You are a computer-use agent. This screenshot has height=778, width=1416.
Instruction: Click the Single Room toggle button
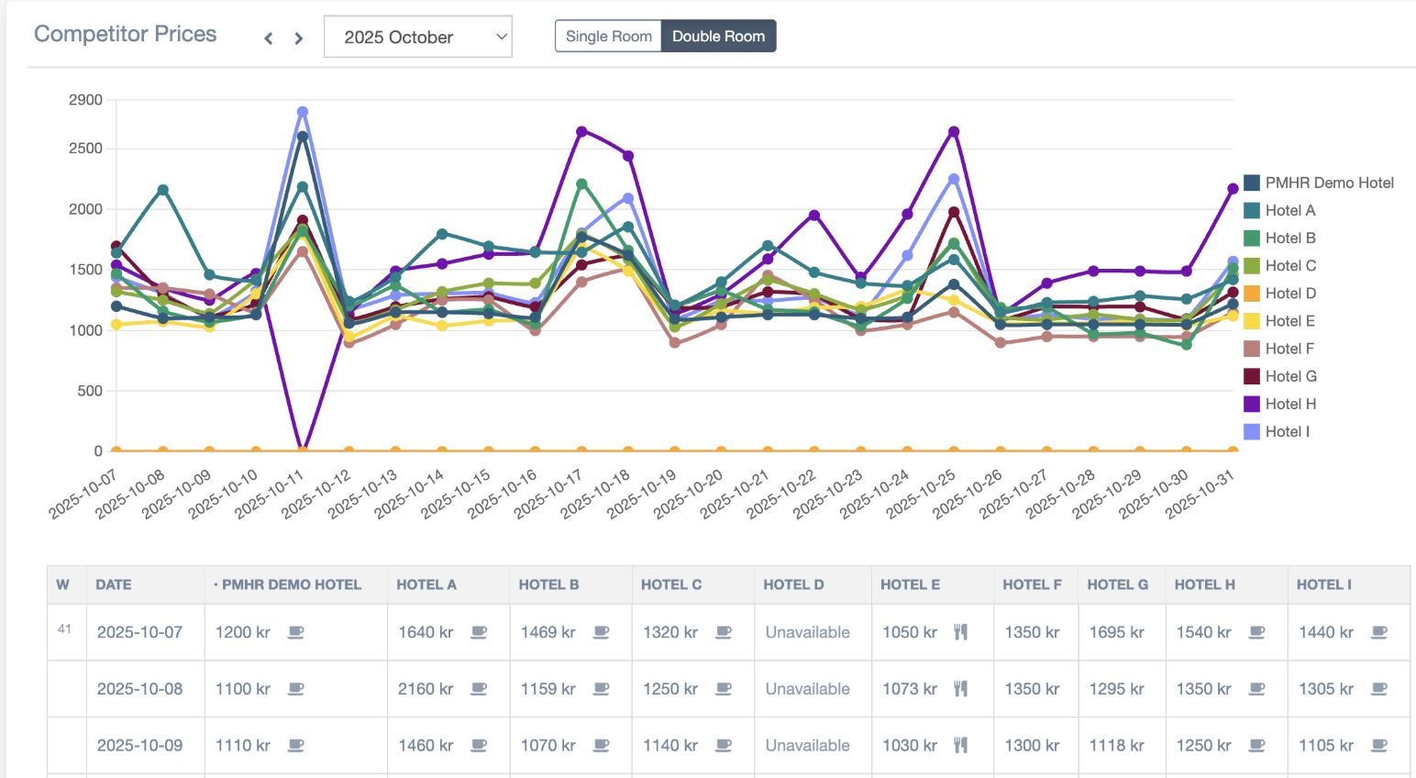pyautogui.click(x=608, y=37)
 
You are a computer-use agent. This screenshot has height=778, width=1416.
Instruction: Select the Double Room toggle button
pyautogui.click(x=718, y=37)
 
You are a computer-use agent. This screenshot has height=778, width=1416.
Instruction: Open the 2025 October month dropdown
pyautogui.click(x=417, y=38)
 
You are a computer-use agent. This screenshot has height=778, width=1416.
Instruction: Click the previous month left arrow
pyautogui.click(x=269, y=39)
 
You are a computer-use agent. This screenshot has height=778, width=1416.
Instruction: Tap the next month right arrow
pyautogui.click(x=299, y=39)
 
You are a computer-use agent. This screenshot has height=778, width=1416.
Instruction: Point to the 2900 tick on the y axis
pyautogui.click(x=85, y=100)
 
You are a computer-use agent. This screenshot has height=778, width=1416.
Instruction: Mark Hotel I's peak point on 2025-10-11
pyautogui.click(x=302, y=112)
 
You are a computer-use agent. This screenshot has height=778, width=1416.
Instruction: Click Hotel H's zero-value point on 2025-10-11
pyautogui.click(x=302, y=450)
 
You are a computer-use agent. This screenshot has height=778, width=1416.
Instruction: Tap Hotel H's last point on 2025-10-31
pyautogui.click(x=1233, y=189)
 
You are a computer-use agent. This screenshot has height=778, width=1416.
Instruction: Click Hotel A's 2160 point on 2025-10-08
pyautogui.click(x=162, y=190)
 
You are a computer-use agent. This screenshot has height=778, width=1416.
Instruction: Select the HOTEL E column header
pyautogui.click(x=910, y=584)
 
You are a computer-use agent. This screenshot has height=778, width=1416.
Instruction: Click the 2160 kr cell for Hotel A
pyautogui.click(x=426, y=689)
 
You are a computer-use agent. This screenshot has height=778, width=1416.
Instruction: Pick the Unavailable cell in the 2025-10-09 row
pyautogui.click(x=807, y=746)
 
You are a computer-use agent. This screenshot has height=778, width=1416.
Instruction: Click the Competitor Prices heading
pyautogui.click(x=126, y=34)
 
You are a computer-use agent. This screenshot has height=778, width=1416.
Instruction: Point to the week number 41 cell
pyautogui.click(x=64, y=629)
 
